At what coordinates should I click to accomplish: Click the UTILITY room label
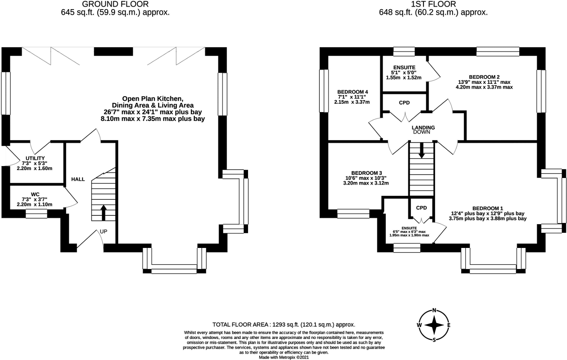[35, 158]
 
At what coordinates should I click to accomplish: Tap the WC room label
[35, 194]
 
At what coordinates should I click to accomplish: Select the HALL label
[78, 179]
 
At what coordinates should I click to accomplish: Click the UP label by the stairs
[103, 231]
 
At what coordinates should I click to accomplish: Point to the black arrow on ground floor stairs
[103, 213]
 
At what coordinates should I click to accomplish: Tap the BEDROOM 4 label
[352, 92]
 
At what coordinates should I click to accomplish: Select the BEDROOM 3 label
[366, 173]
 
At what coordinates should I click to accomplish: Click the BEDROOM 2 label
[484, 77]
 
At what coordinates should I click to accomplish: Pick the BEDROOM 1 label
[487, 208]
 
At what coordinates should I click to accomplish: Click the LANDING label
[423, 128]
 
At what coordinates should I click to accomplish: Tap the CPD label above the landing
[404, 103]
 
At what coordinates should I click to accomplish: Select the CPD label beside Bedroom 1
[421, 208]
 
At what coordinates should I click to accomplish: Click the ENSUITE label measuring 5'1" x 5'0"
[404, 68]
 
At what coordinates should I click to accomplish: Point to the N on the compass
[434, 311]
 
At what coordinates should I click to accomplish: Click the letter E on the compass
[449, 325]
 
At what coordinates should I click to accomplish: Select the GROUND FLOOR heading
[115, 4]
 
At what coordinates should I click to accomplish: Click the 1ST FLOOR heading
[433, 4]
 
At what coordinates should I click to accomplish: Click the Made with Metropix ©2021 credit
[283, 357]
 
